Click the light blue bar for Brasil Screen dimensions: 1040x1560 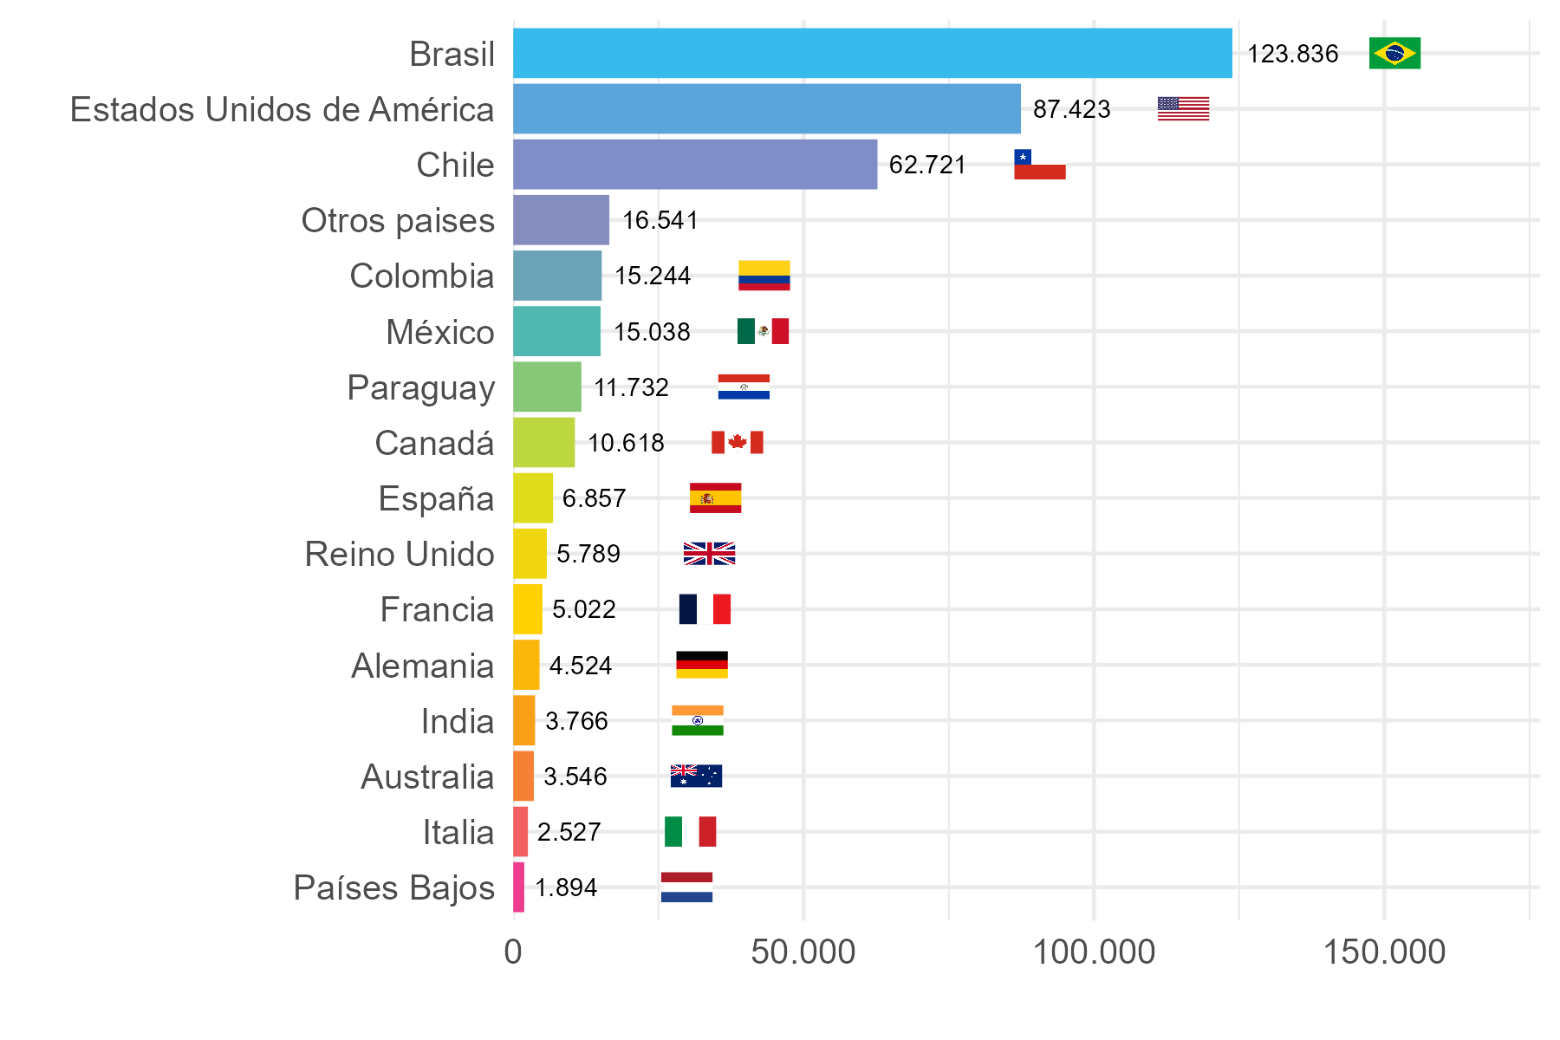tap(873, 54)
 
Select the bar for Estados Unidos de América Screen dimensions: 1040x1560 tap(767, 109)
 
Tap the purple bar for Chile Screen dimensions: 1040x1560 tap(695, 165)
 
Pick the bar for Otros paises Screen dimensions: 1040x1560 tap(562, 220)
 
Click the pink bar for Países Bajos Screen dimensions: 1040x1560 tap(518, 887)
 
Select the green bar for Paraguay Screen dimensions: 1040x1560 tap(547, 387)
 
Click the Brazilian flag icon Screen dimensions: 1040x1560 tap(1394, 54)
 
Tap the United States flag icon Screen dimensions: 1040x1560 tap(1183, 109)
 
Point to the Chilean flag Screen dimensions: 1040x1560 tap(1039, 165)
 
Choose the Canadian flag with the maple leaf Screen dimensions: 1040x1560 tap(737, 443)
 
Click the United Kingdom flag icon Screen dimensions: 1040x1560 tap(709, 554)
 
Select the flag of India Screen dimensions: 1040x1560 tap(697, 721)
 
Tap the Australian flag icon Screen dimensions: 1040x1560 tap(696, 777)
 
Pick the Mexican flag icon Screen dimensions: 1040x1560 tap(763, 331)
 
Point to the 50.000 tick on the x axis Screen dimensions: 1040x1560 tap(803, 952)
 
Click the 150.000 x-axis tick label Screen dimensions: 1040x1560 tap(1384, 952)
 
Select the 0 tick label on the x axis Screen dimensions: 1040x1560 tap(513, 952)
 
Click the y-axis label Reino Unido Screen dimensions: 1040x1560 tap(400, 555)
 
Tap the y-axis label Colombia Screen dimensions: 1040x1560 tap(422, 276)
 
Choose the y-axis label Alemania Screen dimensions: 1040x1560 tap(423, 666)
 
